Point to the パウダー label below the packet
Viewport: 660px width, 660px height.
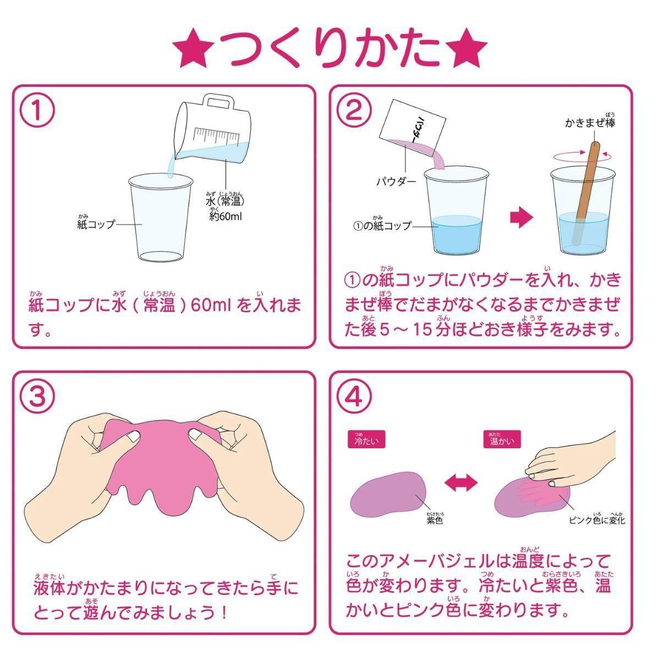coord(397,182)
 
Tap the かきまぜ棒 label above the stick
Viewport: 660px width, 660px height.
coord(590,121)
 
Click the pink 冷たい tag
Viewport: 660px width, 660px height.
coord(366,439)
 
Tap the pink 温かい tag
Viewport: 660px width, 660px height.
coord(502,439)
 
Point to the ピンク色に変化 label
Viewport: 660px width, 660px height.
coord(597,529)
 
